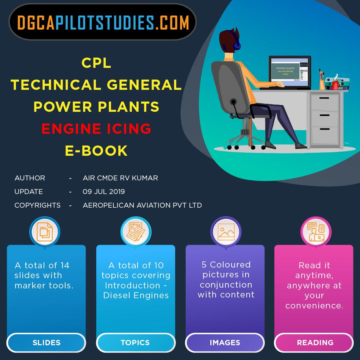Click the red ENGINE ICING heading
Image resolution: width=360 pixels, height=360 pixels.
[x=96, y=129]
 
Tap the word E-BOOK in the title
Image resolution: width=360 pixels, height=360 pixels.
[x=96, y=151]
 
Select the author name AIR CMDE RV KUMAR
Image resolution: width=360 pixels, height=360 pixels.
[x=120, y=178]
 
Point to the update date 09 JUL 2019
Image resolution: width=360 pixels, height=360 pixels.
[x=103, y=191]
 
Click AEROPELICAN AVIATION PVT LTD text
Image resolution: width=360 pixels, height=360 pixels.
[x=142, y=205]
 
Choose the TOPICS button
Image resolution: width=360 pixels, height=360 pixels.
[x=135, y=343]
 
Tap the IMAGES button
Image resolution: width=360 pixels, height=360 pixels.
[x=225, y=343]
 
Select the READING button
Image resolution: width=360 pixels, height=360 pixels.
[x=315, y=343]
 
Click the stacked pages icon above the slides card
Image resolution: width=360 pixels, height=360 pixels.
[x=45, y=232]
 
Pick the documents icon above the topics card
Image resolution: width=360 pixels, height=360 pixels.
[x=135, y=232]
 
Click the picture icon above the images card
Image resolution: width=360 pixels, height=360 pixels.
[x=226, y=232]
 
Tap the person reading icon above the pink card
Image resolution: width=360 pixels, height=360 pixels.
[x=316, y=232]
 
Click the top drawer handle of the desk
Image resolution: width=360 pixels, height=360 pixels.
[x=324, y=98]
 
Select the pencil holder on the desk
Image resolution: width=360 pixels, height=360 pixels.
[x=322, y=83]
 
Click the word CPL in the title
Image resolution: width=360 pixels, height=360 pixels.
[x=96, y=63]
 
